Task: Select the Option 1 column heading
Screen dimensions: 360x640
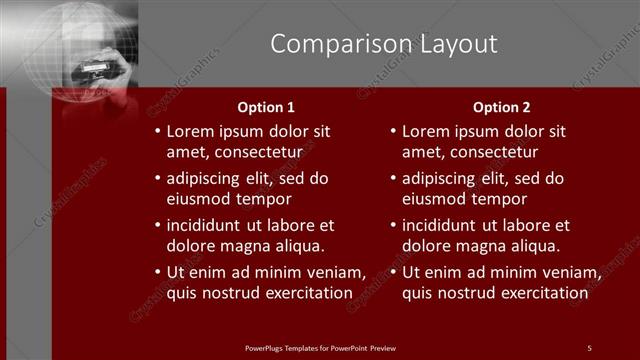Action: (x=266, y=107)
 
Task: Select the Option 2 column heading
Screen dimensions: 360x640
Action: (x=502, y=107)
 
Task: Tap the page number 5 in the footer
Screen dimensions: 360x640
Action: (x=589, y=347)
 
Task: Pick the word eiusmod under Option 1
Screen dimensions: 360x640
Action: (x=200, y=199)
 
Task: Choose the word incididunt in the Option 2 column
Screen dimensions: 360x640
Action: (x=446, y=225)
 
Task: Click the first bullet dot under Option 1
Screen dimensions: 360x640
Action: (x=156, y=132)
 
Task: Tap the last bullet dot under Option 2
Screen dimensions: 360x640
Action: (x=392, y=273)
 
